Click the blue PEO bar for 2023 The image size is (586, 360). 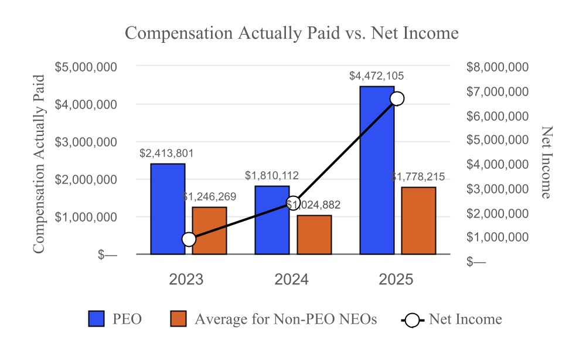click(x=168, y=209)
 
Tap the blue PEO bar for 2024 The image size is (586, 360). click(x=272, y=220)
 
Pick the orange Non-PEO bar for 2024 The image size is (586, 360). click(x=314, y=235)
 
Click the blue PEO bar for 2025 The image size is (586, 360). click(x=377, y=170)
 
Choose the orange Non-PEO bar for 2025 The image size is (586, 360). click(x=418, y=220)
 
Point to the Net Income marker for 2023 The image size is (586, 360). click(x=189, y=239)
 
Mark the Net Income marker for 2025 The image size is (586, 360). click(x=397, y=98)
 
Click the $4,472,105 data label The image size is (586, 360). click(x=376, y=76)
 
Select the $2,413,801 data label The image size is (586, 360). click(x=166, y=153)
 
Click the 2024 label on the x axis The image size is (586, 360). click(x=292, y=280)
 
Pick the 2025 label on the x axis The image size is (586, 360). click(x=396, y=280)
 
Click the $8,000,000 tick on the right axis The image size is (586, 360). click(x=498, y=67)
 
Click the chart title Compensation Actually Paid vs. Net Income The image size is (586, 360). click(x=292, y=33)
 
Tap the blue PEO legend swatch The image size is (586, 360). click(x=97, y=319)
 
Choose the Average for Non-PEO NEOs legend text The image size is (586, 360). click(x=285, y=319)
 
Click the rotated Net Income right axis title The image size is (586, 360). click(x=546, y=162)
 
